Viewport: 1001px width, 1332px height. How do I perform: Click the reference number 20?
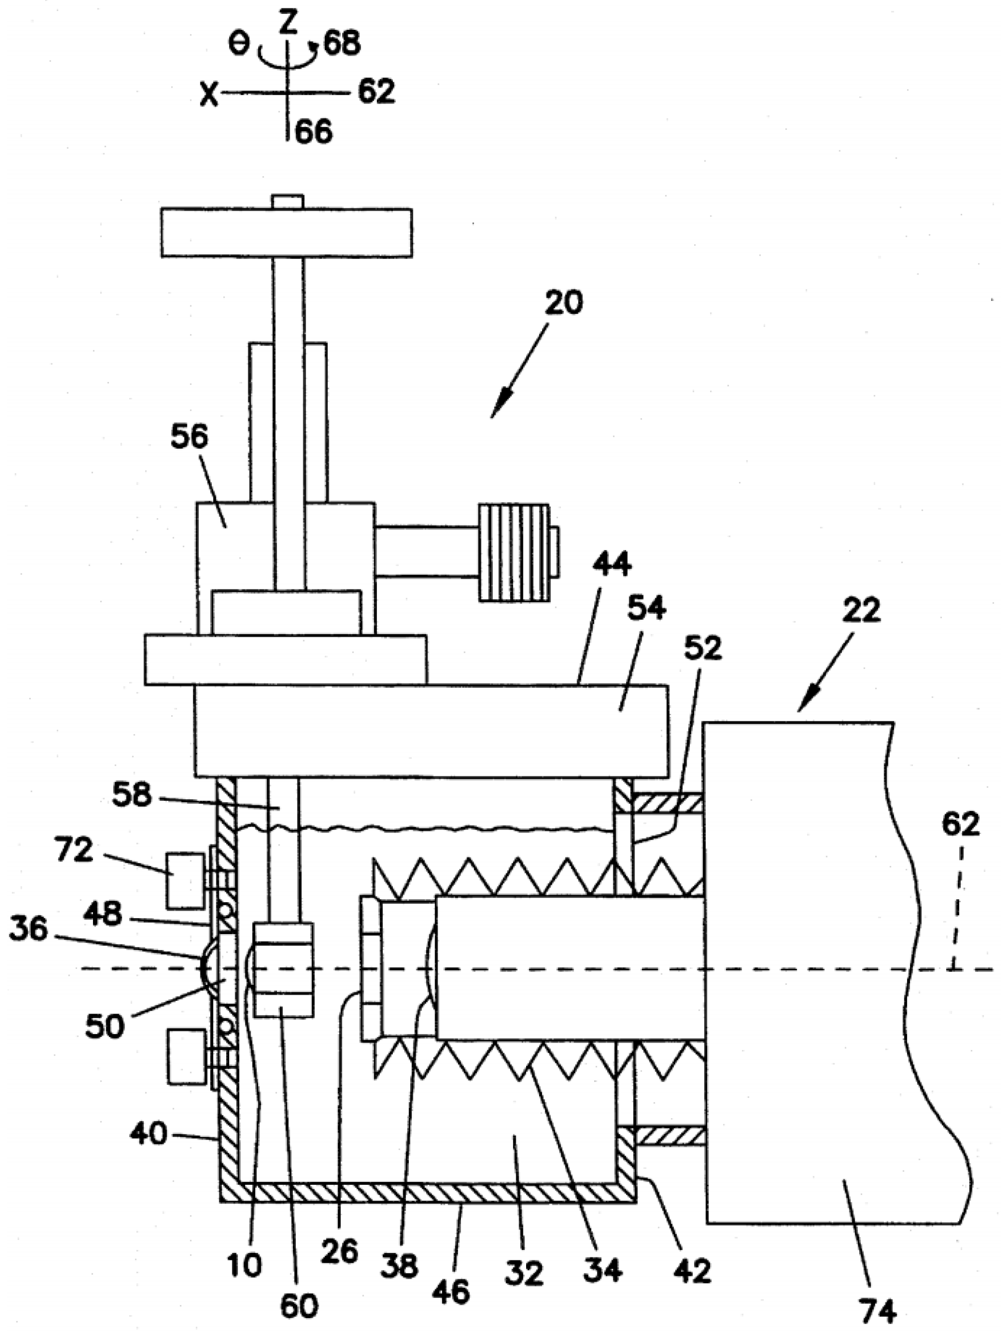(563, 303)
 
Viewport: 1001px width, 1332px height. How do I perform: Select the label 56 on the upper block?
(189, 437)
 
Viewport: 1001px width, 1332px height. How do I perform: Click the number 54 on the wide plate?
(646, 609)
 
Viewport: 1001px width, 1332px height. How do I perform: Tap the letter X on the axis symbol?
(209, 95)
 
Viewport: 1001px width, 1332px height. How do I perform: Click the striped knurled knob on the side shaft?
(514, 552)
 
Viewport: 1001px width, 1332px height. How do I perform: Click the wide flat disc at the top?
(286, 232)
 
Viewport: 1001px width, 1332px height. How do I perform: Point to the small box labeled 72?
(185, 880)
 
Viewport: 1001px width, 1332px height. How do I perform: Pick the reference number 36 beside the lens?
(28, 930)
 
